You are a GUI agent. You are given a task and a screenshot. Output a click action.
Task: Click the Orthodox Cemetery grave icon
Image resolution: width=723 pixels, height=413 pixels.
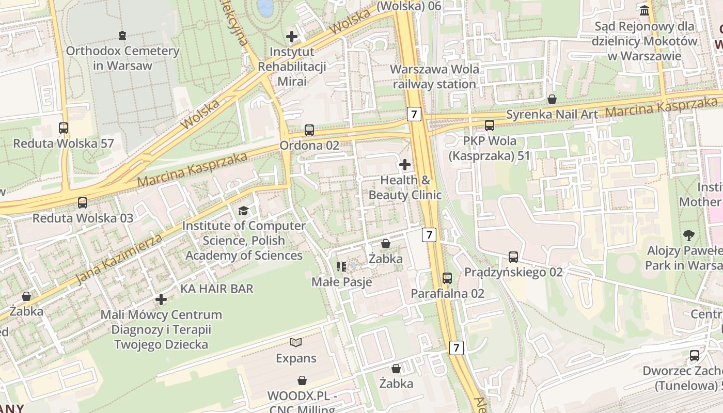tap(122, 36)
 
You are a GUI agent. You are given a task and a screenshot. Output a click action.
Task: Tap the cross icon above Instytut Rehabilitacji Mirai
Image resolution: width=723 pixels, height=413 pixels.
tap(292, 37)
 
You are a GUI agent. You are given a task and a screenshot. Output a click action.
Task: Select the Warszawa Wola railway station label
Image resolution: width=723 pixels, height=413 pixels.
tap(434, 76)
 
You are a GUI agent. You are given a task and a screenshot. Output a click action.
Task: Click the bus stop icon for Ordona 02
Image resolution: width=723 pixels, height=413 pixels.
tap(309, 130)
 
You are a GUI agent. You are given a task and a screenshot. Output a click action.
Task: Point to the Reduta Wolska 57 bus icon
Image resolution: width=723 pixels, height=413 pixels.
tap(64, 128)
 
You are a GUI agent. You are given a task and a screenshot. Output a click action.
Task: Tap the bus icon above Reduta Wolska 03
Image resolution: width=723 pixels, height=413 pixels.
tap(83, 202)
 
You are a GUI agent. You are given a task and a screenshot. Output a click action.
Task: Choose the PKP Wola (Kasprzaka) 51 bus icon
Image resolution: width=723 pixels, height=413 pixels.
tap(489, 125)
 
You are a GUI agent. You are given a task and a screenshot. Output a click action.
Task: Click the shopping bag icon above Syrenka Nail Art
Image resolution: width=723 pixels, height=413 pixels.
tap(552, 99)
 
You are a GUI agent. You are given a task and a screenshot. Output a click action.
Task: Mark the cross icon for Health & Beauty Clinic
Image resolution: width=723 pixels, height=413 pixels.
tap(405, 165)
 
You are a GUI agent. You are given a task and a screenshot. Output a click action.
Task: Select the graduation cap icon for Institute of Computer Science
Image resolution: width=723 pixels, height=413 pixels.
tap(243, 211)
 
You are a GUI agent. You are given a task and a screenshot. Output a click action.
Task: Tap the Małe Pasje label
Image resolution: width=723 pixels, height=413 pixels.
tap(341, 282)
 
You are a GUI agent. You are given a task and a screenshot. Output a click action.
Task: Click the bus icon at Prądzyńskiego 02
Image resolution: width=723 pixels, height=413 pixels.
tap(513, 257)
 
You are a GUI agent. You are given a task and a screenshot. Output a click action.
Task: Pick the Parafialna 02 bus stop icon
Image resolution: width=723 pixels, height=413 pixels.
tap(447, 278)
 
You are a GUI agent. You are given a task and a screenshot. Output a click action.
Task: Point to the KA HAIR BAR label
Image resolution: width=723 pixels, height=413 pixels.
tap(217, 289)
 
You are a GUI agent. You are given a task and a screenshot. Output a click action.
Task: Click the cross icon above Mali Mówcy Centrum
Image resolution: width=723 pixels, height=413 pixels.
tap(161, 299)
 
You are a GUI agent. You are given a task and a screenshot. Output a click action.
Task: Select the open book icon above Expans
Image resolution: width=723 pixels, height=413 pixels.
tap(296, 342)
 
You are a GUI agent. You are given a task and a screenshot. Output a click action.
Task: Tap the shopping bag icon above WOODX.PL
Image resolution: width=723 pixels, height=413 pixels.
tap(302, 380)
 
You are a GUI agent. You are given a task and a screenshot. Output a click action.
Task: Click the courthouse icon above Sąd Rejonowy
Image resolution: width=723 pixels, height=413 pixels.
tap(645, 10)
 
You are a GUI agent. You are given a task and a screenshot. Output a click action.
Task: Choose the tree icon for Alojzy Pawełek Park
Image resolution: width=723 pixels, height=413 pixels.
tap(688, 235)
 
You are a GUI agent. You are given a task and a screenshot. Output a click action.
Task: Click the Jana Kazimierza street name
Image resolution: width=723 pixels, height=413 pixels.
tap(119, 259)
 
